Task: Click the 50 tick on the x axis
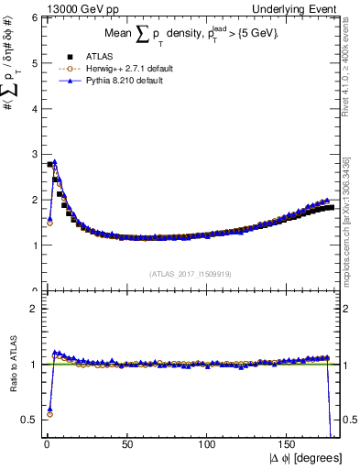pyautogui.click(x=127, y=443)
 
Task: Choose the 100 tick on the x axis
pyautogui.click(x=208, y=443)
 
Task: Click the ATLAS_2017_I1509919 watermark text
pyautogui.click(x=190, y=273)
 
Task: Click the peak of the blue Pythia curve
pyautogui.click(x=54, y=162)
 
